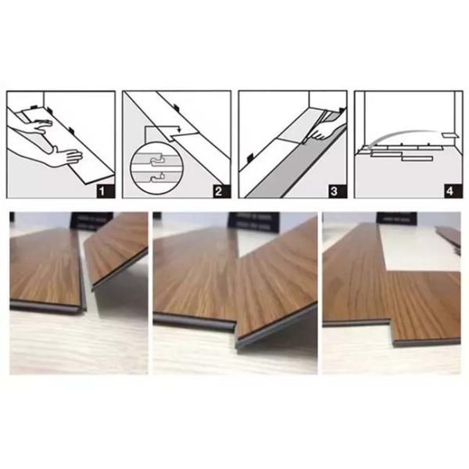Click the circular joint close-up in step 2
(x=153, y=166)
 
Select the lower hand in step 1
(x=55, y=150)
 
